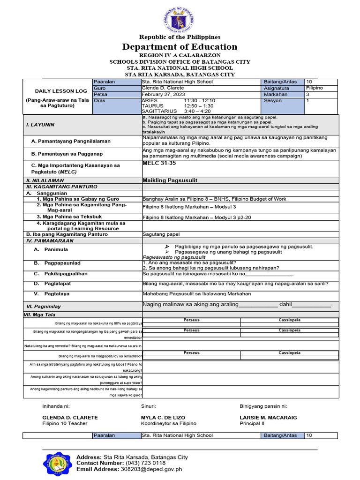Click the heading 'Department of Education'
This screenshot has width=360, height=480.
[180, 47]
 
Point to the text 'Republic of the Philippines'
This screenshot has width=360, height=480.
[180, 37]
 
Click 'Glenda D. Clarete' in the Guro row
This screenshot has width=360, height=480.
[163, 88]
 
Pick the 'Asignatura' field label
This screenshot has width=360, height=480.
[277, 88]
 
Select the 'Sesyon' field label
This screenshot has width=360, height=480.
[273, 101]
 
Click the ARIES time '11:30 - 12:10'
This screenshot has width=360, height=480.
[199, 101]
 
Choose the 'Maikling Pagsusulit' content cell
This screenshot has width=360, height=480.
[170, 180]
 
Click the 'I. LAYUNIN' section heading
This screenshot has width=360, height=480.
[40, 125]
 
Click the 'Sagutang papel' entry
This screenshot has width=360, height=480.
[161, 234]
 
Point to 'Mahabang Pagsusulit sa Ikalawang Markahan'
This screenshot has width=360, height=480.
[196, 294]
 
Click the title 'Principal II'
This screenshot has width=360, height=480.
[252, 423]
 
